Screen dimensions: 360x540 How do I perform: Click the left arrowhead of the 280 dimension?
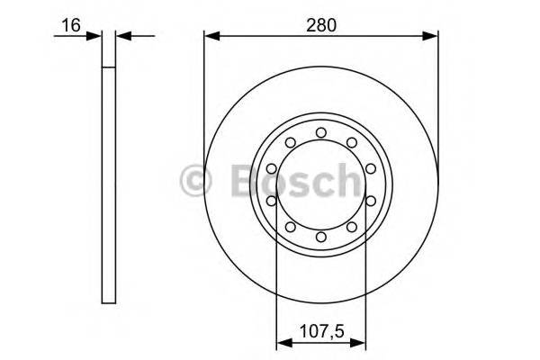[210, 37]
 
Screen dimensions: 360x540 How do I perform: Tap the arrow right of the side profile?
[123, 37]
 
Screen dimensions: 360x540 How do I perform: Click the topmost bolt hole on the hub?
[320, 133]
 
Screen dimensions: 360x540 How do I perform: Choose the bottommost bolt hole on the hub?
[320, 237]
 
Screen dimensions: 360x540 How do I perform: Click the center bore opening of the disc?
[320, 185]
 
